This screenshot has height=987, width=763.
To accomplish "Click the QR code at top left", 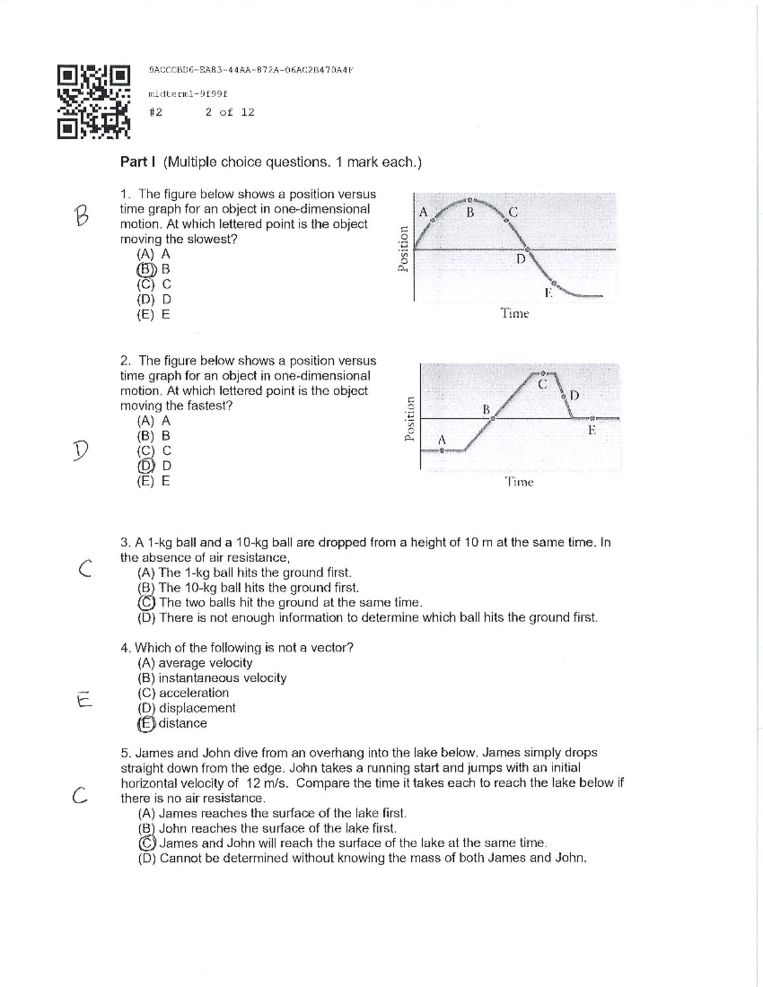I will (93, 102).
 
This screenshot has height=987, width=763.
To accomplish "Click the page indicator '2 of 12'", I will (230, 112).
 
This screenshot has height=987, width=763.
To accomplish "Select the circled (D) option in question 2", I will (146, 466).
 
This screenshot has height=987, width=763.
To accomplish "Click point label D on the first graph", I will (521, 259).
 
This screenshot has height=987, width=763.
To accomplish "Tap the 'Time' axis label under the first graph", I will (514, 313).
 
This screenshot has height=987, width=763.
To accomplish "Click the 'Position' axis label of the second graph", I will (411, 418).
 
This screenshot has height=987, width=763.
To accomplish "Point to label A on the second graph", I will (443, 439).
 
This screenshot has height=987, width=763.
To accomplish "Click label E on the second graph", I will (591, 430).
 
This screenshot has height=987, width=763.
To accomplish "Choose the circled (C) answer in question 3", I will (146, 602).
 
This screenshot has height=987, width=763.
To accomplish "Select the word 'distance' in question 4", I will (182, 723).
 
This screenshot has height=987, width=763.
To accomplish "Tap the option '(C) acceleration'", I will (183, 693).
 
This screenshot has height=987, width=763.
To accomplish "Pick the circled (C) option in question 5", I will (147, 843).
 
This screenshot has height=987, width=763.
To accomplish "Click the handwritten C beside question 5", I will (79, 794).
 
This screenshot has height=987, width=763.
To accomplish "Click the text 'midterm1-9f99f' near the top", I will (188, 94).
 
